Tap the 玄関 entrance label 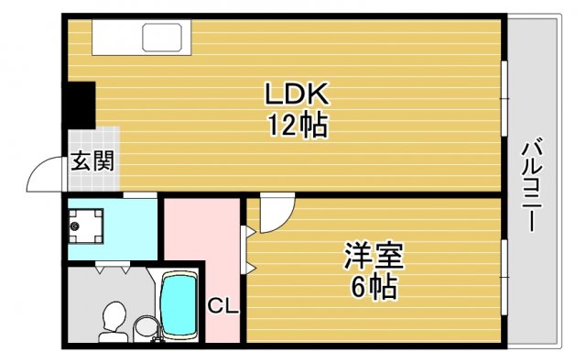(92, 164)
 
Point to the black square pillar (81, 104)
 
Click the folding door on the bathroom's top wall (111, 269)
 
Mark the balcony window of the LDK (504, 97)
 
